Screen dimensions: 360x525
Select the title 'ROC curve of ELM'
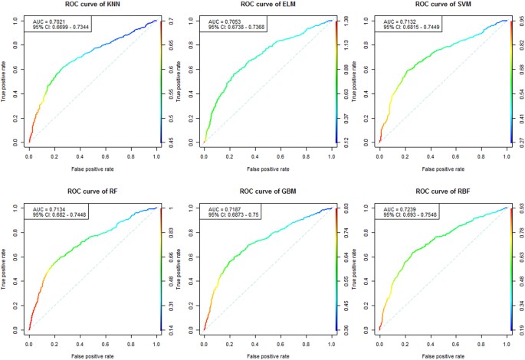[267, 5]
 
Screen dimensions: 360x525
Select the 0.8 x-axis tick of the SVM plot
[480, 155]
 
